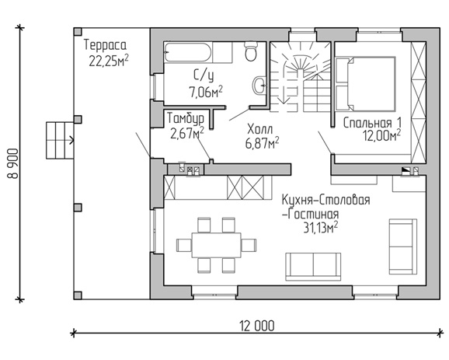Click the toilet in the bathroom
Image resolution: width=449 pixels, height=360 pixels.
(251, 51)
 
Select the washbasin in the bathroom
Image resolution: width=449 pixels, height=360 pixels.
(259, 85)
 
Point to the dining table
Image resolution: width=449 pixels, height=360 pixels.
(216, 246)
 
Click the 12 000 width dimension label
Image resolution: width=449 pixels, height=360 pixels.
(257, 326)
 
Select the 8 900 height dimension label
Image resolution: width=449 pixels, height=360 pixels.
(13, 163)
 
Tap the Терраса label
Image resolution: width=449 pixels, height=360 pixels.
(105, 45)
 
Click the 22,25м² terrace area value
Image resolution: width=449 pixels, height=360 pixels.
(109, 61)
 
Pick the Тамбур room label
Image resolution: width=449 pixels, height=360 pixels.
(186, 118)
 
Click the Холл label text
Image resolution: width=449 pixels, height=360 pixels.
(260, 129)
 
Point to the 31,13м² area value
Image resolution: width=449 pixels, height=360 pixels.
(320, 228)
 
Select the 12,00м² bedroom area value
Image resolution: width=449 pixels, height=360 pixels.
(382, 135)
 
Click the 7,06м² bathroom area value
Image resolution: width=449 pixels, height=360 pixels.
(206, 92)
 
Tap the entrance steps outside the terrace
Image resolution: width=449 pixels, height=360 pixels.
(60, 140)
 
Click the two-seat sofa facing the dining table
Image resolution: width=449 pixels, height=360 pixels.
(313, 267)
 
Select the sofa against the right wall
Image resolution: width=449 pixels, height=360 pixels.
(403, 246)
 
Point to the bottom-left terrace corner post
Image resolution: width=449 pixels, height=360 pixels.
(78, 295)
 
